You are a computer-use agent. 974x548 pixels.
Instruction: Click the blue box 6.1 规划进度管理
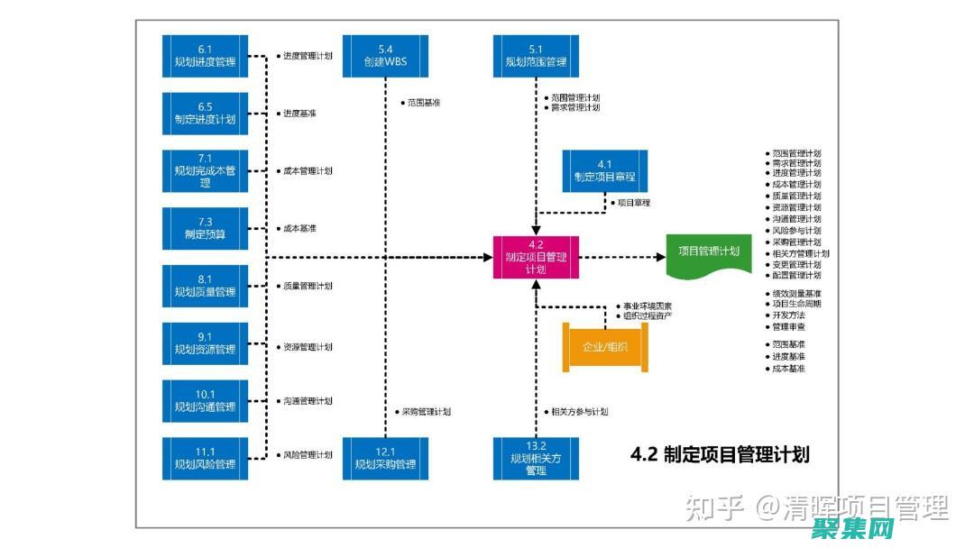click(205, 56)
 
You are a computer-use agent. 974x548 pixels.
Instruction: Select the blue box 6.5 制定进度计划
click(205, 114)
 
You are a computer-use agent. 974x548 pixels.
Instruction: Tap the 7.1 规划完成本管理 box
click(205, 170)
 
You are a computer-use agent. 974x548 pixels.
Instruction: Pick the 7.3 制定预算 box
click(205, 228)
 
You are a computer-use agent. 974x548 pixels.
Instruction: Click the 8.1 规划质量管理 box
click(205, 286)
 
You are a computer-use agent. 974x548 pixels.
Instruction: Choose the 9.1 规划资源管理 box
click(205, 343)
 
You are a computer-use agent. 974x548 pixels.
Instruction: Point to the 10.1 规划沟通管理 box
click(205, 401)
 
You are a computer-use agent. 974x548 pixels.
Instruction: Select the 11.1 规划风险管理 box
click(205, 459)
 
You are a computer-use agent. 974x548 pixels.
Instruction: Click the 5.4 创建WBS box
click(385, 56)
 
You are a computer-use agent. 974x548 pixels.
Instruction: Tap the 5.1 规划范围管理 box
click(536, 56)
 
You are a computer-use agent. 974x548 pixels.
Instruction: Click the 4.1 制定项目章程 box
click(604, 170)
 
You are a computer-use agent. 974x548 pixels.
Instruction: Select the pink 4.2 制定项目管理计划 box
click(536, 257)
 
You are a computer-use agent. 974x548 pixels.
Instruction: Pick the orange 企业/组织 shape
click(605, 347)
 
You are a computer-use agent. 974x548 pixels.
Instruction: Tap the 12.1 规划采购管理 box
click(385, 459)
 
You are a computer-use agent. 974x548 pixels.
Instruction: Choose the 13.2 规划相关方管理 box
click(536, 459)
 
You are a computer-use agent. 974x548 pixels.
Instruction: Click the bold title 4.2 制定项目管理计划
click(719, 455)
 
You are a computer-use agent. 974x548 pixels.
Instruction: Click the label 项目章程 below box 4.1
click(633, 203)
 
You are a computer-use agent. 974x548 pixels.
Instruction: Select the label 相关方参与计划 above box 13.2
click(579, 412)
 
